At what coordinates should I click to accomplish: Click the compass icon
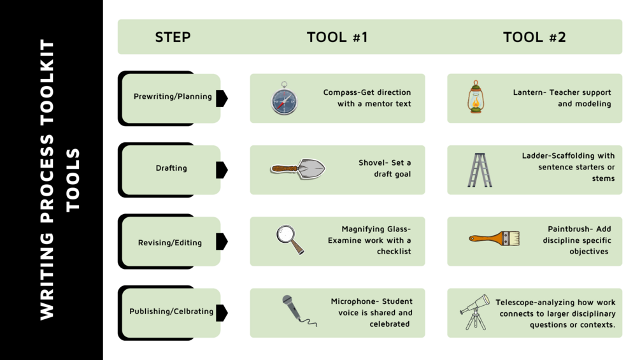point(284,99)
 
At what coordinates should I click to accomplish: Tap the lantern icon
point(475,97)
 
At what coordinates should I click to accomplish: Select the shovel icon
point(297,168)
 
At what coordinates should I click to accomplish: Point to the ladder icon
point(478,169)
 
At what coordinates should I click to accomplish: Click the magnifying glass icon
point(290,240)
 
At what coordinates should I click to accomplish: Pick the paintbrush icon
point(494,238)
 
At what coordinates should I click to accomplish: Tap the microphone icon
point(297,310)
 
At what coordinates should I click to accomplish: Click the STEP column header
point(173,37)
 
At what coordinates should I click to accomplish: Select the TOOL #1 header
point(337,37)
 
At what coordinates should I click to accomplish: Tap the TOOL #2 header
point(534,37)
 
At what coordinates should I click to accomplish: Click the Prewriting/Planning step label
point(173,97)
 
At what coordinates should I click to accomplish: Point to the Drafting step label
point(171,168)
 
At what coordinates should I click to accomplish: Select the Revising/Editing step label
point(170,243)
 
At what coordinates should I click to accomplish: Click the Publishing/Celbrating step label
point(171,312)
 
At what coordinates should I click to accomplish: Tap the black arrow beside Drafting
point(222,169)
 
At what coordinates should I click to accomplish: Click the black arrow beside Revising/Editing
point(222,241)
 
